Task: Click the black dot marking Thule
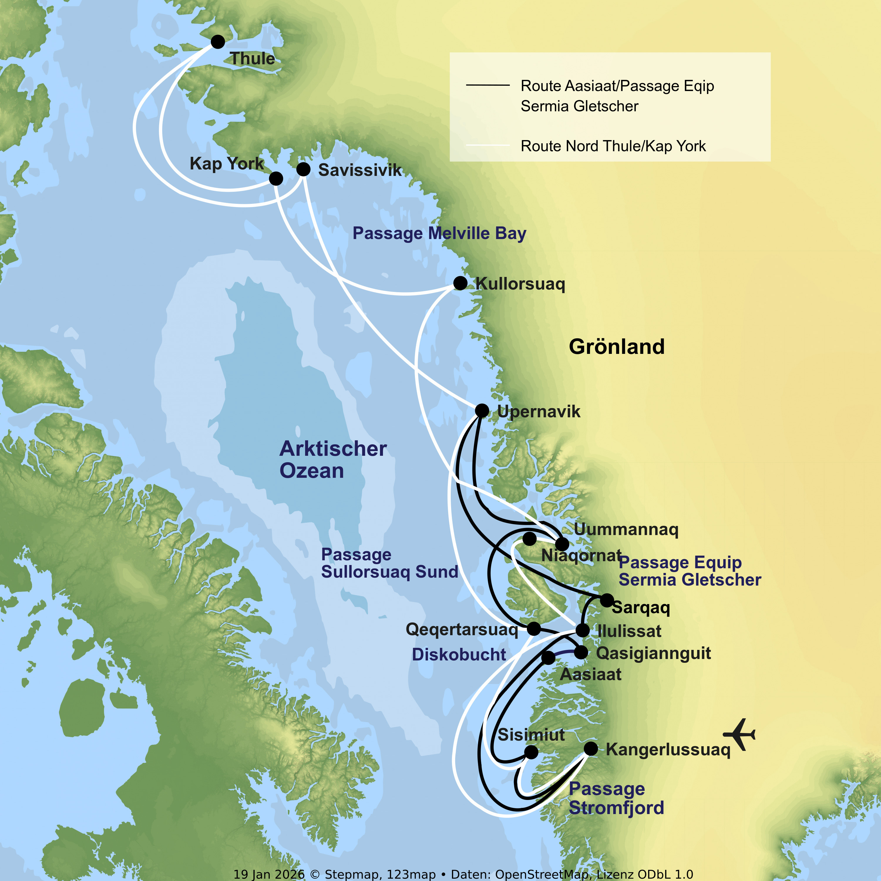pyautogui.click(x=218, y=41)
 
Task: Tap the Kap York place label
pyautogui.click(x=227, y=163)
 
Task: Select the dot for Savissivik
pyautogui.click(x=303, y=169)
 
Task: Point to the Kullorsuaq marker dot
pyautogui.click(x=460, y=283)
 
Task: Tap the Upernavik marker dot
pyautogui.click(x=482, y=411)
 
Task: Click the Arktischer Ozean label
pyautogui.click(x=333, y=459)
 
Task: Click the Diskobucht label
pyautogui.click(x=459, y=654)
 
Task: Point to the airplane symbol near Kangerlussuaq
pyautogui.click(x=740, y=734)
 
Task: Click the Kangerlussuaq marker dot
pyautogui.click(x=591, y=748)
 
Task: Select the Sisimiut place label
pyautogui.click(x=531, y=735)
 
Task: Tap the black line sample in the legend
pyautogui.click(x=487, y=85)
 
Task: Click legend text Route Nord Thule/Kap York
pyautogui.click(x=613, y=146)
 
